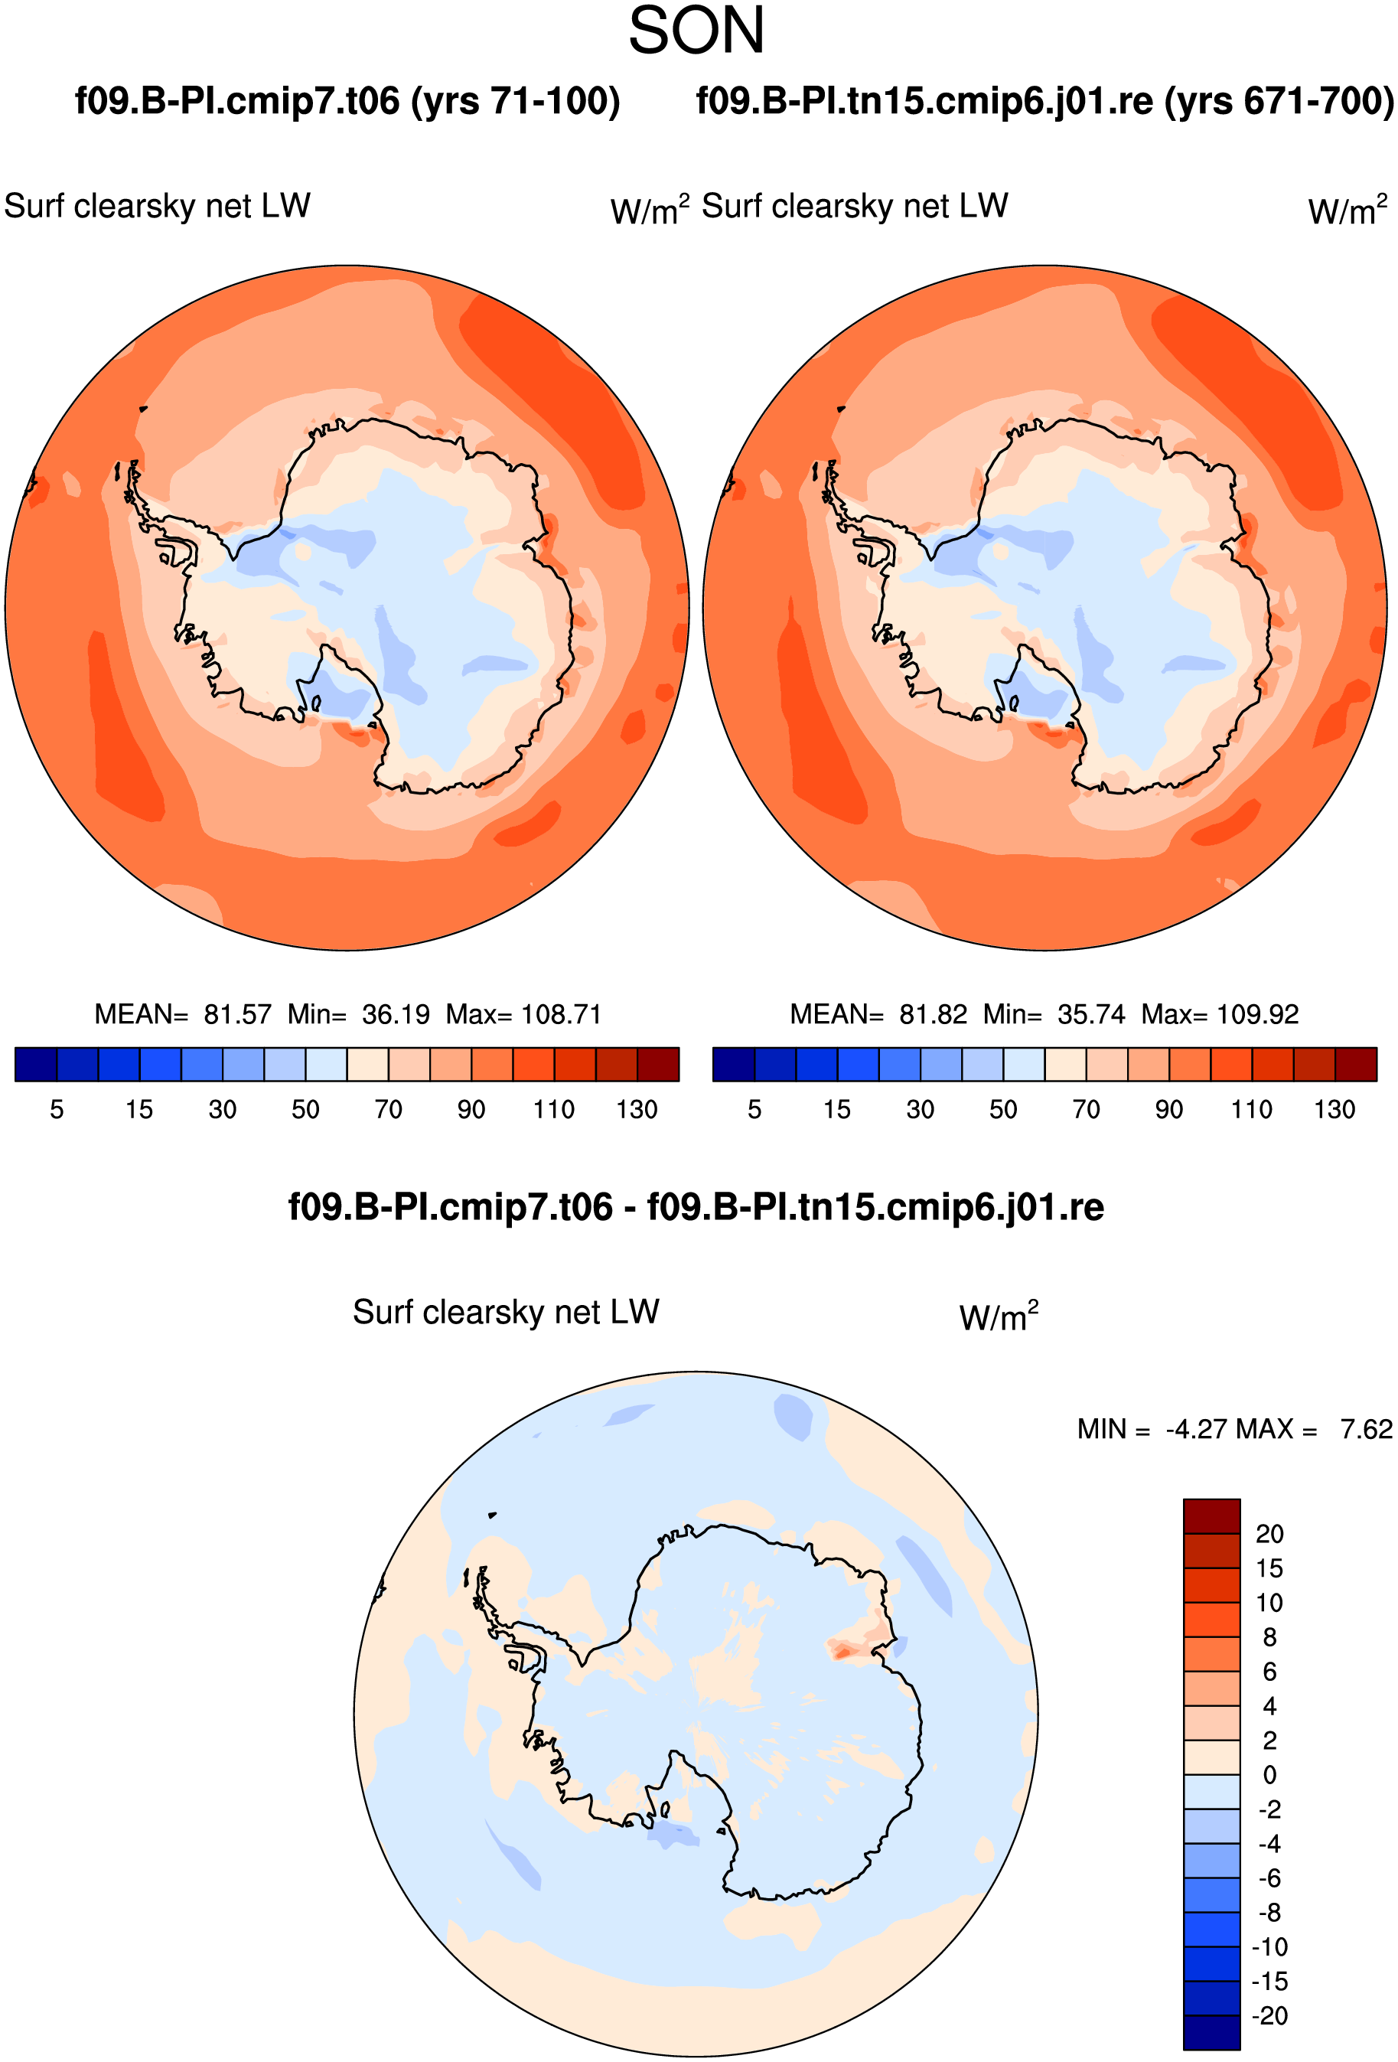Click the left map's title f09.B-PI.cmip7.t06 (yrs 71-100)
click(x=347, y=101)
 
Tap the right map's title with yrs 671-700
click(x=1045, y=101)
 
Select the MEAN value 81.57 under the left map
click(x=238, y=1014)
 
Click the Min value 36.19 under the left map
click(x=396, y=1014)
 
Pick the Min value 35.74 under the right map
click(x=1091, y=1014)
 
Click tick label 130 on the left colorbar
click(x=637, y=1110)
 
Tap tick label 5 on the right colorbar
click(x=754, y=1110)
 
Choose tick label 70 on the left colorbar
click(x=389, y=1110)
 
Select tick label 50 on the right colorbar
click(x=1003, y=1110)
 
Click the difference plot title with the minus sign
click(x=696, y=1208)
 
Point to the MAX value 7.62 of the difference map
click(x=1366, y=1429)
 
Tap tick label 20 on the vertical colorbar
click(x=1269, y=1534)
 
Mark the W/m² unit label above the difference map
click(x=999, y=1316)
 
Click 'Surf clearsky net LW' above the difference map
click(x=507, y=1312)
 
